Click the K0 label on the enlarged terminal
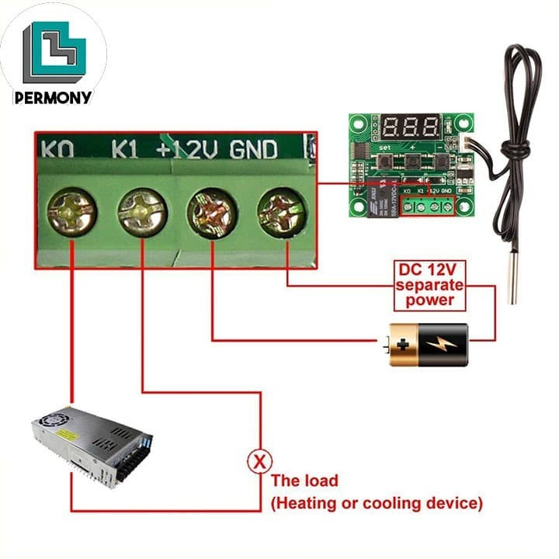pyautogui.click(x=58, y=148)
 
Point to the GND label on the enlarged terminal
pyautogui.click(x=253, y=148)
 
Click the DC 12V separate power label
pyautogui.click(x=429, y=284)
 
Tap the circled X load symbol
pyautogui.click(x=259, y=461)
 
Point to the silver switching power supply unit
pyautogui.click(x=92, y=444)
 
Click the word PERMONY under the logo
pyautogui.click(x=53, y=98)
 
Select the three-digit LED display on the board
pyautogui.click(x=411, y=127)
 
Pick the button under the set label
pyautogui.click(x=384, y=161)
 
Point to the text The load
pyautogui.click(x=304, y=481)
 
